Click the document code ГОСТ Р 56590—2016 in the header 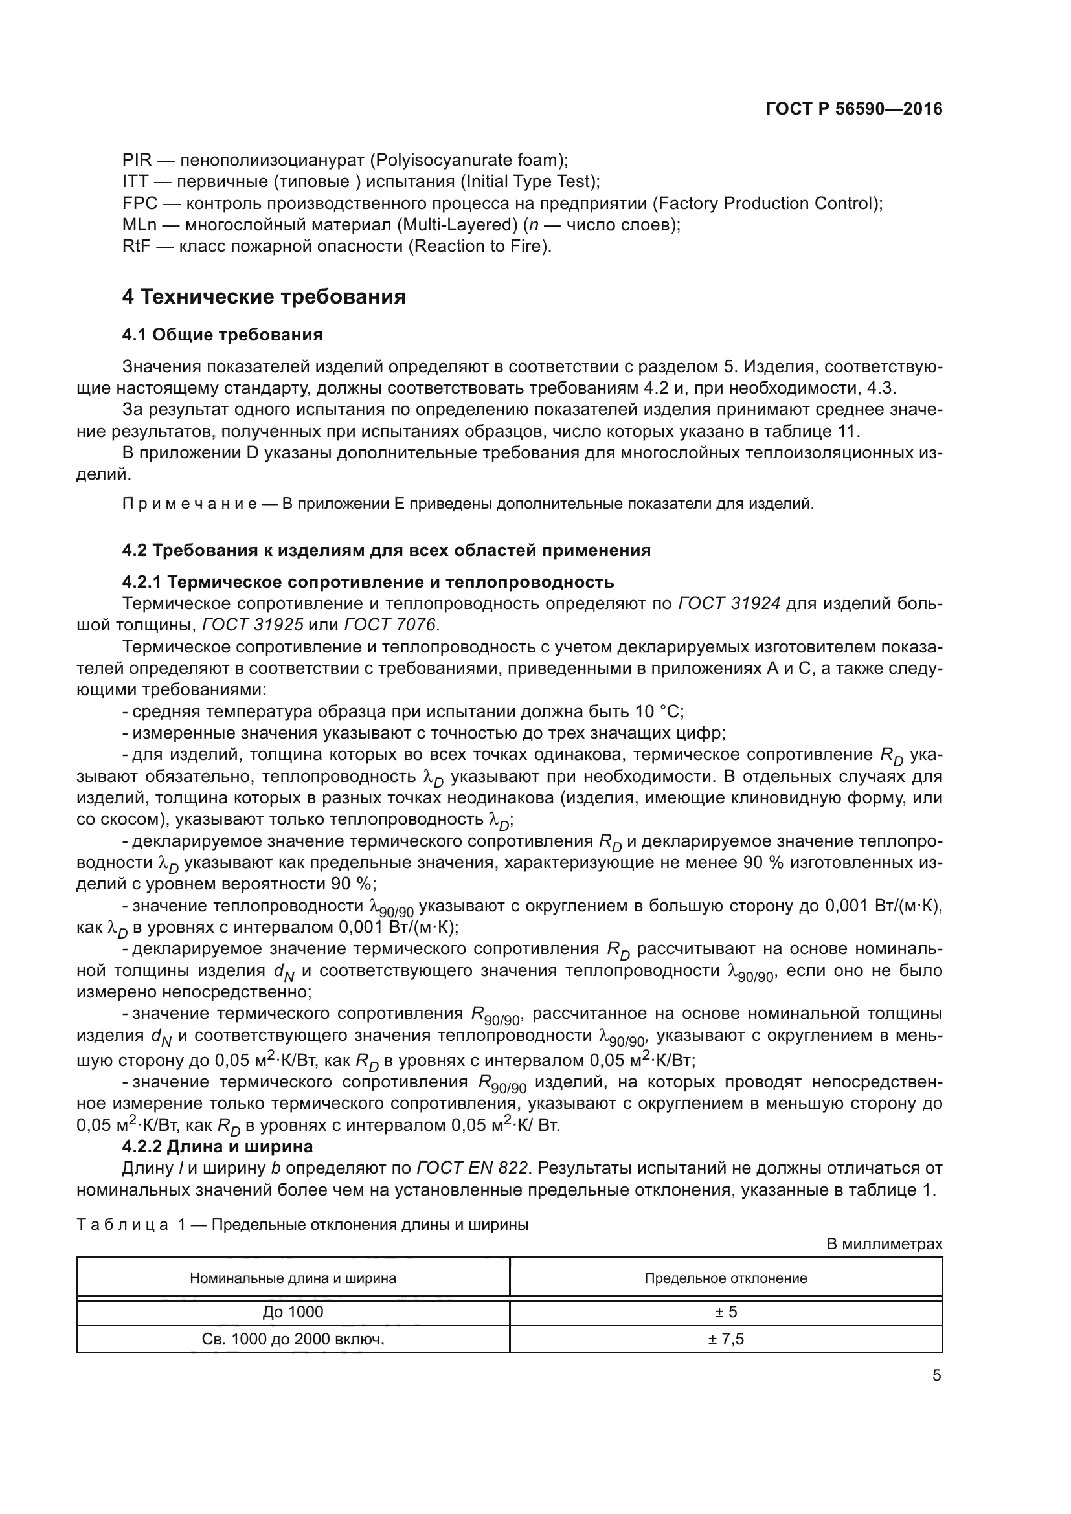point(854,109)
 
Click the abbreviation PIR point(137,161)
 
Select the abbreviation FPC point(139,203)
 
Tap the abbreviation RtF point(137,247)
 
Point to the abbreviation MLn point(139,225)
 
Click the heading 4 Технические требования point(264,296)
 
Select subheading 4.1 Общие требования point(222,335)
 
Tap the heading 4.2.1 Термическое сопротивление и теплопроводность point(368,583)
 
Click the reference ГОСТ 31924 point(728,603)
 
